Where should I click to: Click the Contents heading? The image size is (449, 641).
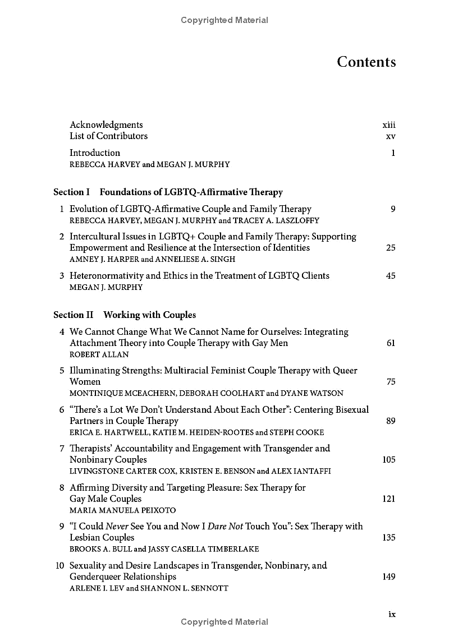click(366, 62)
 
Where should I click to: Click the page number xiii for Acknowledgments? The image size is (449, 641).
click(389, 125)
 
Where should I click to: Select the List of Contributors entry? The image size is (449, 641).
click(108, 136)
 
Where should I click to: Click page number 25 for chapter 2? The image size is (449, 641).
click(391, 248)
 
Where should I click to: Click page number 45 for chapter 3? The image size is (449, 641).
click(391, 276)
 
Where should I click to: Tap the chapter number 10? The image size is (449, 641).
click(59, 566)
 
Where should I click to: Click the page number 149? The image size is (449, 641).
click(388, 577)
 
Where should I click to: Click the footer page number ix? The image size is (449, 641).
click(392, 614)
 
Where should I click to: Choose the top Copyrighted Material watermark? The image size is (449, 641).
click(224, 20)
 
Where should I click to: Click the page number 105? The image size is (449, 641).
click(388, 460)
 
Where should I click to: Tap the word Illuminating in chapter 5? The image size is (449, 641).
click(94, 371)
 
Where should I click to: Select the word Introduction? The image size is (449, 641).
click(95, 153)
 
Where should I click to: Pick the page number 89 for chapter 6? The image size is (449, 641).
click(391, 421)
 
